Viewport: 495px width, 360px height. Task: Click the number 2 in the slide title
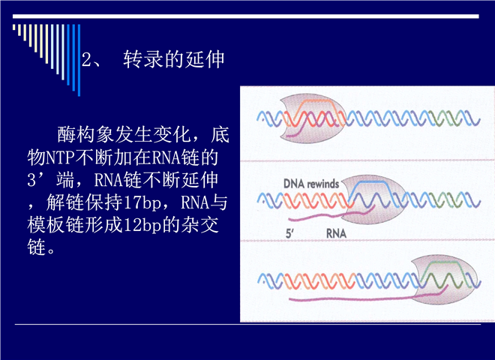86,59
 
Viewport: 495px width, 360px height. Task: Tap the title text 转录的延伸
174,59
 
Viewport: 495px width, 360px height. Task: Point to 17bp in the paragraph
142,202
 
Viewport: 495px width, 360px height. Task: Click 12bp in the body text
142,226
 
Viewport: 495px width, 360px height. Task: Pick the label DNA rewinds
311,184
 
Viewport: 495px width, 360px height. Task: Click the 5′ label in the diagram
289,234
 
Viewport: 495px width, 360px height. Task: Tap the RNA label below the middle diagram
336,234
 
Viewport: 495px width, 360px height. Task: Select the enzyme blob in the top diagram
313,118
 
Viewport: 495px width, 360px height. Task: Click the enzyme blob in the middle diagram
374,199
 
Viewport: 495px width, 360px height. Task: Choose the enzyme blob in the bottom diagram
445,280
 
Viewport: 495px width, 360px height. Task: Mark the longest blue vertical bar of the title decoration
79,60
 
